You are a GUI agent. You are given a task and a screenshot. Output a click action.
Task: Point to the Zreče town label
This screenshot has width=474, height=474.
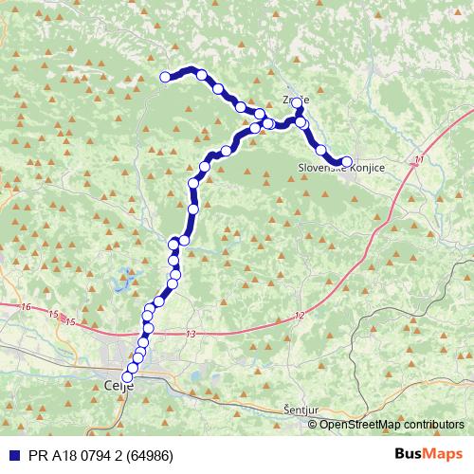[295, 99]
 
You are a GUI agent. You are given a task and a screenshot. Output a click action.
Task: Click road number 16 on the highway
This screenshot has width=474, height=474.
[25, 307]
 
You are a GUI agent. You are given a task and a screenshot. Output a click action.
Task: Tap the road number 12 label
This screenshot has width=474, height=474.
[300, 315]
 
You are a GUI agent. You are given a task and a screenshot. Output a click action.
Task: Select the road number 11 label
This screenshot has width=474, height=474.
[419, 162]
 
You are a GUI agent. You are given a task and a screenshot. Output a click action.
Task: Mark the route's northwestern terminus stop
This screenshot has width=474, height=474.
[165, 77]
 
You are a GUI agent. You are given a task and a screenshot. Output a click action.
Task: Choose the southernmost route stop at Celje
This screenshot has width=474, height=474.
[128, 376]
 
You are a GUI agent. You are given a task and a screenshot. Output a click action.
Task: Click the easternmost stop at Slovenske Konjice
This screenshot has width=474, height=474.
[346, 162]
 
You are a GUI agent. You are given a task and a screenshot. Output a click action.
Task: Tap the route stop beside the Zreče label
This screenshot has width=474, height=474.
[297, 102]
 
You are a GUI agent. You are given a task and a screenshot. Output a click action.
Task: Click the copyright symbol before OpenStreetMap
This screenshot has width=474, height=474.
[314, 424]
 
